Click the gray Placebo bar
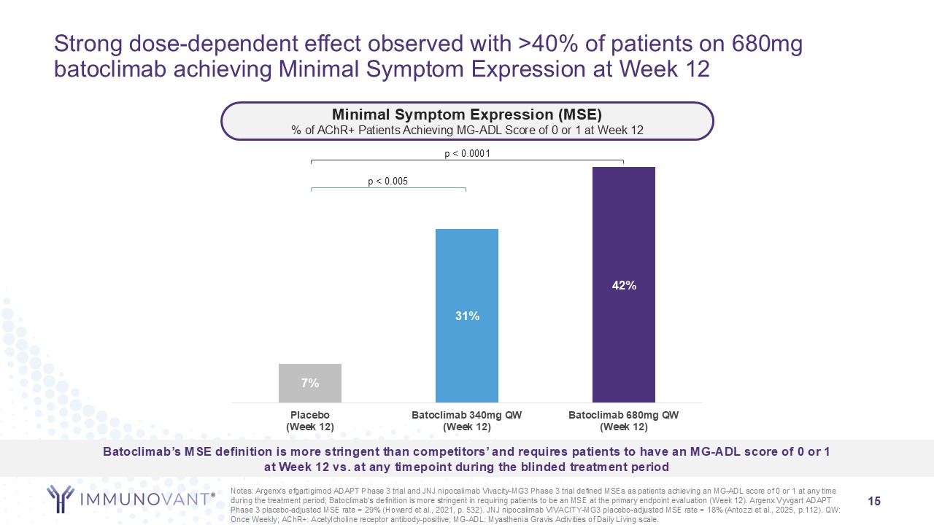pos(309,383)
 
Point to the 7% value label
pos(310,383)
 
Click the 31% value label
pos(467,316)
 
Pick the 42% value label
pos(624,286)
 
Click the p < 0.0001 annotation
pos(467,153)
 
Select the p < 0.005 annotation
pos(387,181)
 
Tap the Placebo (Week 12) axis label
pos(310,421)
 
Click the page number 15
pos(874,501)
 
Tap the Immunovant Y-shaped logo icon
pos(61,498)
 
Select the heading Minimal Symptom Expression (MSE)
pos(467,114)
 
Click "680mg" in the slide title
pos(766,44)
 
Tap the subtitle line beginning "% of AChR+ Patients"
pos(467,129)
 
